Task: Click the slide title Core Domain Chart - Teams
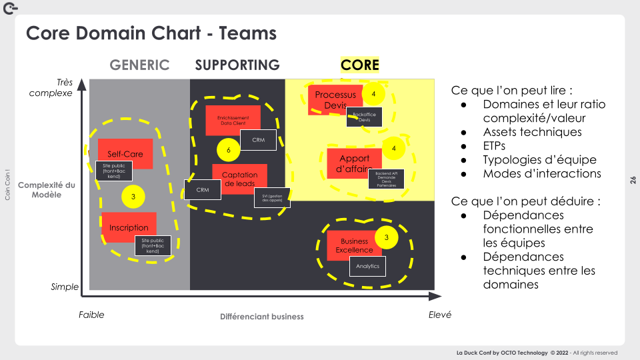(x=151, y=33)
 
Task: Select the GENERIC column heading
(x=139, y=65)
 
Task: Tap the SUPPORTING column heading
(x=237, y=65)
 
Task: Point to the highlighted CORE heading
(x=359, y=65)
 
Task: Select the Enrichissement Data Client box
(x=233, y=120)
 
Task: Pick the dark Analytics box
(x=367, y=266)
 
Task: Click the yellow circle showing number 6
(x=229, y=151)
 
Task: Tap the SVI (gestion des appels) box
(x=272, y=198)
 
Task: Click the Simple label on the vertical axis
(x=65, y=287)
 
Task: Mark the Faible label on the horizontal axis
(x=91, y=315)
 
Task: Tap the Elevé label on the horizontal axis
(x=439, y=315)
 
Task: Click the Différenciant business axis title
(x=261, y=317)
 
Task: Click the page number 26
(x=633, y=180)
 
